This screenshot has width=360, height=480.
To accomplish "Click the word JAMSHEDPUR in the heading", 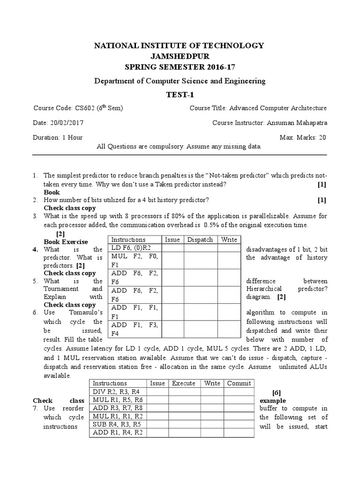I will [180, 56].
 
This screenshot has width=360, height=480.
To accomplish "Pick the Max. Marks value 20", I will [322, 137].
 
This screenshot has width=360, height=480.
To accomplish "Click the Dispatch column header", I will [200, 240].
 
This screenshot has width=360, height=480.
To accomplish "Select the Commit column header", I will [239, 383].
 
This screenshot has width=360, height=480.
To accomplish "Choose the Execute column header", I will [184, 383].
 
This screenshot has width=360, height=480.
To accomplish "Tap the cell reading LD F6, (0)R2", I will [132, 247].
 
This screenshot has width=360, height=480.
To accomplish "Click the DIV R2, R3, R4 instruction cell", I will [116, 391].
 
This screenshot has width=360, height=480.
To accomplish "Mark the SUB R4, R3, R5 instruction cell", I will [116, 424].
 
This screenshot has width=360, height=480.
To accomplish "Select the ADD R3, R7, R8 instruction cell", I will [116, 408].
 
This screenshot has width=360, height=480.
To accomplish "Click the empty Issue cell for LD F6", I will [172, 247].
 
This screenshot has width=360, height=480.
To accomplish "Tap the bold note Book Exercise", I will [66, 242].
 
